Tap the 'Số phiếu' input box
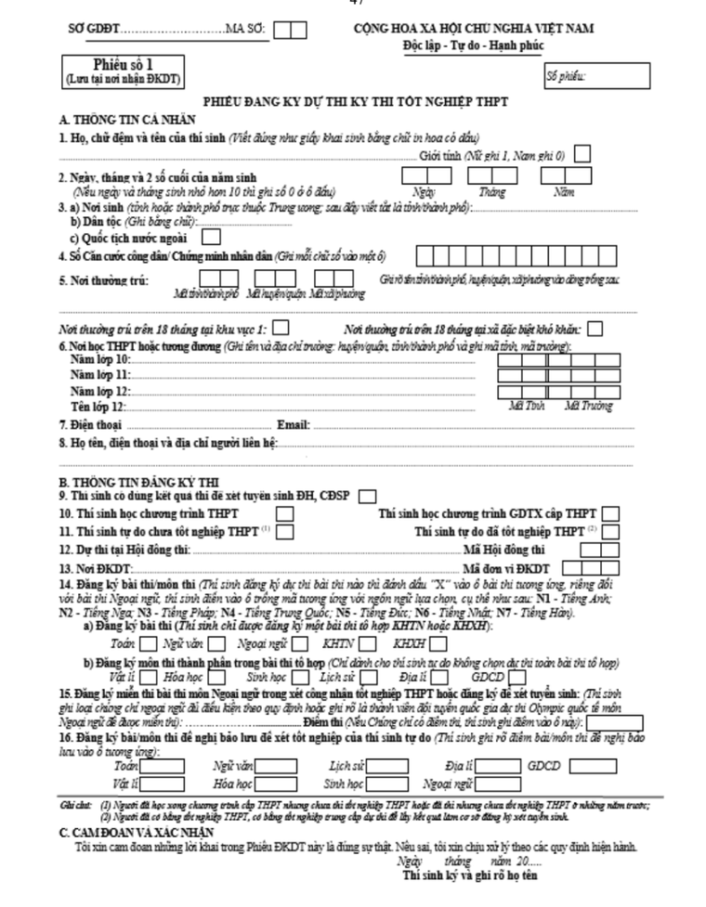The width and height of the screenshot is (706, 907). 596,73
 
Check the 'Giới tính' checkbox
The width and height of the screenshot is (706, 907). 582,154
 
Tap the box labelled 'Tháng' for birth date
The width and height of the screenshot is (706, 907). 485,174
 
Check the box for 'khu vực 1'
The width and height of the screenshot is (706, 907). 281,328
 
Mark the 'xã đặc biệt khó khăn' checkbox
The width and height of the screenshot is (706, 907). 595,328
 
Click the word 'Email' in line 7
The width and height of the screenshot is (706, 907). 294,424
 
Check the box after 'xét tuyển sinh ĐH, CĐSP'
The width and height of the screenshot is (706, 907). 368,495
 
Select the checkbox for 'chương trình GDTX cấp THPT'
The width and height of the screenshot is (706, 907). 610,512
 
